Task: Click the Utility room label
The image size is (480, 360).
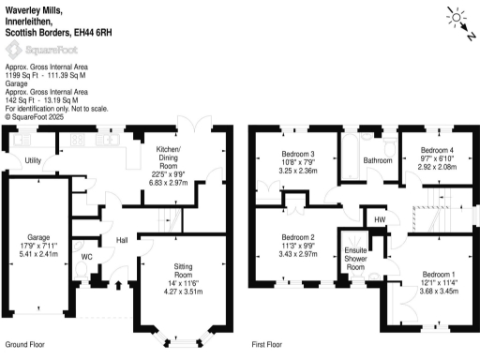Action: pyautogui.click(x=33, y=161)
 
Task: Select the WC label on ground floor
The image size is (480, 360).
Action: pyautogui.click(x=86, y=256)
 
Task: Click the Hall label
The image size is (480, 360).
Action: pyautogui.click(x=122, y=241)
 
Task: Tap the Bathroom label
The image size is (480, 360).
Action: pyautogui.click(x=378, y=161)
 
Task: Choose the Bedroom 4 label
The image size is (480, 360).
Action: pyautogui.click(x=437, y=150)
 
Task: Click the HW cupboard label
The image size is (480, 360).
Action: pyautogui.click(x=380, y=219)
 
